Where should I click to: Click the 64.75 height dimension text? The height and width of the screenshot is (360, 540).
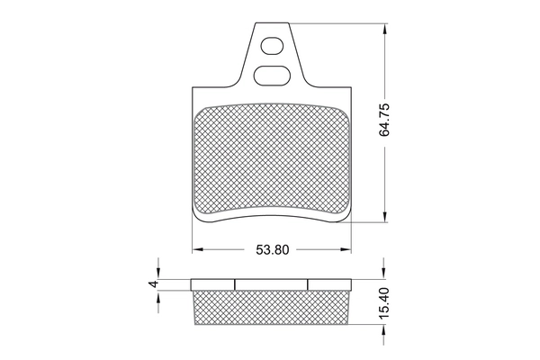point(384,119)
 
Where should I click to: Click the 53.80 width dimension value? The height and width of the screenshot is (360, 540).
point(273,250)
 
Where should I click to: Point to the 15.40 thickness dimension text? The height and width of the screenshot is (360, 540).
point(384,303)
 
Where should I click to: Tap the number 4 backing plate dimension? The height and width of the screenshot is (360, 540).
point(153,283)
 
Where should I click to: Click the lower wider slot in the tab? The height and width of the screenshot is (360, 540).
point(271,75)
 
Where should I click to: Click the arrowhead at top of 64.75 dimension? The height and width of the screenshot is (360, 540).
point(384,29)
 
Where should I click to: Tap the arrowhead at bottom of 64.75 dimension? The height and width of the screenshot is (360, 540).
point(384,217)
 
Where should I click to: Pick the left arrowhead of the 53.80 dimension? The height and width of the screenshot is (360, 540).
point(197,249)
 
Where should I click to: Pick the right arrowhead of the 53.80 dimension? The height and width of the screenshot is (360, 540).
point(346,249)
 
